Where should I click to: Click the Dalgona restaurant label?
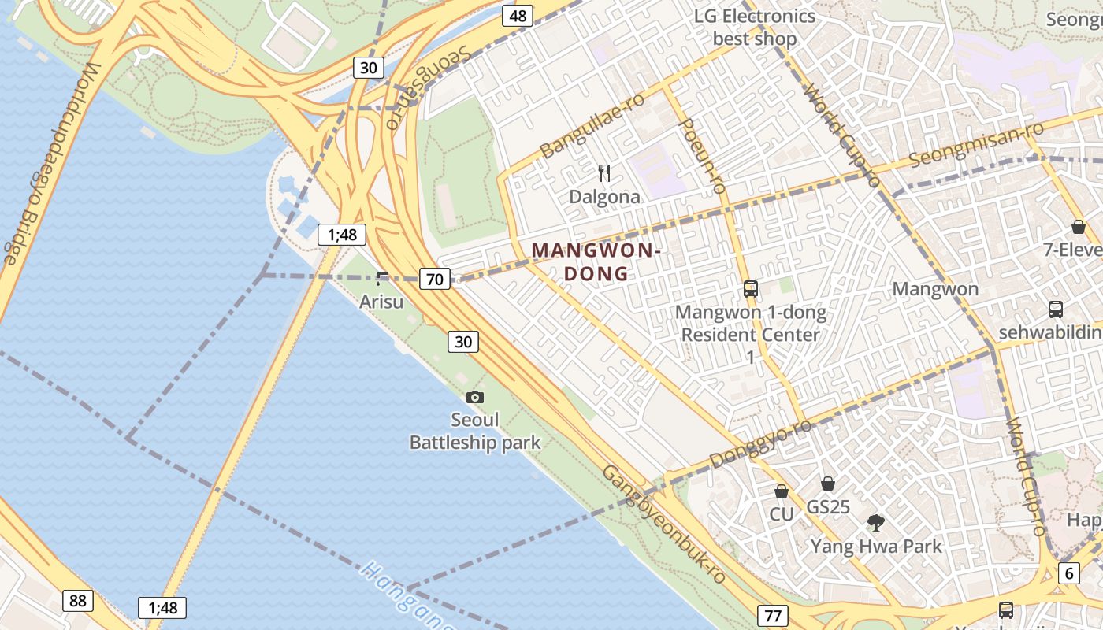604,197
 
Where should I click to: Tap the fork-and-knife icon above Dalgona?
604,173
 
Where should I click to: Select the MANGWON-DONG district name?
596,262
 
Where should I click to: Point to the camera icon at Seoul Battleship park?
475,398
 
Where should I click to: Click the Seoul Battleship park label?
475,431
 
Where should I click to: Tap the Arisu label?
381,302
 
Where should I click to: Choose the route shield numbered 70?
435,278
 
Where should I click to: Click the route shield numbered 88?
77,601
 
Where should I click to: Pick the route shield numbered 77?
772,616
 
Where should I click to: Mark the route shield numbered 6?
1068,573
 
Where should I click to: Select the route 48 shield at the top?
518,15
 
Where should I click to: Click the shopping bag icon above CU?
782,491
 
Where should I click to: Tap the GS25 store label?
828,506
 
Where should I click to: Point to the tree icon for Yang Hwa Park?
875,522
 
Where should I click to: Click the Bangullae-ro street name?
592,124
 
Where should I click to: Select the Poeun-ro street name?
701,156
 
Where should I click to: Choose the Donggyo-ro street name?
760,444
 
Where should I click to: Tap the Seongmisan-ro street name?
976,144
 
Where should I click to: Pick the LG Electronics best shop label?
754,27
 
